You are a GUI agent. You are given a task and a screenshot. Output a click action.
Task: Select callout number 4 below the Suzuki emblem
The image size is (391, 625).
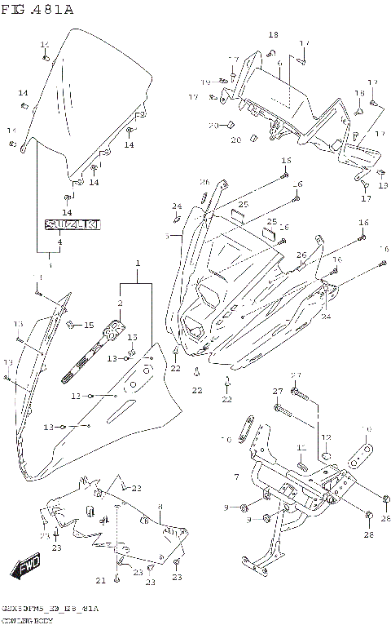pyautogui.click(x=59, y=242)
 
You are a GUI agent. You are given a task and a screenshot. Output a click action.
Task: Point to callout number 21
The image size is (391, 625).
pyautogui.click(x=100, y=580)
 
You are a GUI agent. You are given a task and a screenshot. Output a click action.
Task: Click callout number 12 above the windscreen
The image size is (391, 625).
pyautogui.click(x=45, y=44)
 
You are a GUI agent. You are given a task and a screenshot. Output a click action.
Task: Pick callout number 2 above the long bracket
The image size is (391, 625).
pyautogui.click(x=120, y=304)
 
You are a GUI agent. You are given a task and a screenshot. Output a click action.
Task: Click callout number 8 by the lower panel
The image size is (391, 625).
pyautogui.click(x=160, y=508)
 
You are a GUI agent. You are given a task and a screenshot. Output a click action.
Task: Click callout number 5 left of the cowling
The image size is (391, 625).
pyautogui.click(x=167, y=237)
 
